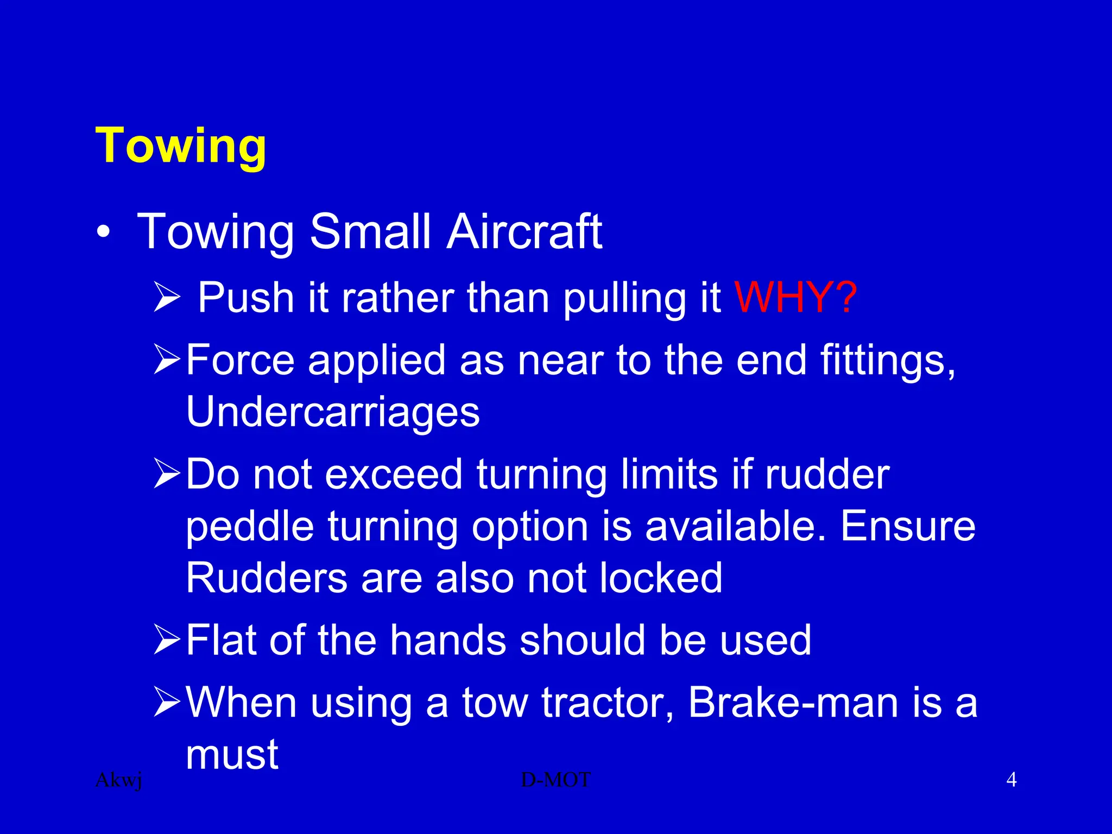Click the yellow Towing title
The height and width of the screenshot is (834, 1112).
[181, 146]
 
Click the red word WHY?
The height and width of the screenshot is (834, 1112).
[795, 298]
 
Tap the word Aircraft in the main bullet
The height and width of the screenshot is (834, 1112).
[524, 232]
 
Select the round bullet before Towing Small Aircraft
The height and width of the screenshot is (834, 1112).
[103, 233]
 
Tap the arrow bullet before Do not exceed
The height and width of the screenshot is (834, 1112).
[166, 473]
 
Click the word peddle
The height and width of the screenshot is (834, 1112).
[250, 527]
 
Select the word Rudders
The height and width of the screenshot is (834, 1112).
[267, 578]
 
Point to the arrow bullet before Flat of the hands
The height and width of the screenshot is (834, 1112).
[166, 639]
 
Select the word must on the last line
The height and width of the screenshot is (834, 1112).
[232, 755]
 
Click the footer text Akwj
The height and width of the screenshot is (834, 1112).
[118, 780]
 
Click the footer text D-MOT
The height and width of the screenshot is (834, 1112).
[555, 780]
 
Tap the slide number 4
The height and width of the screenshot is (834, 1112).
[1011, 780]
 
